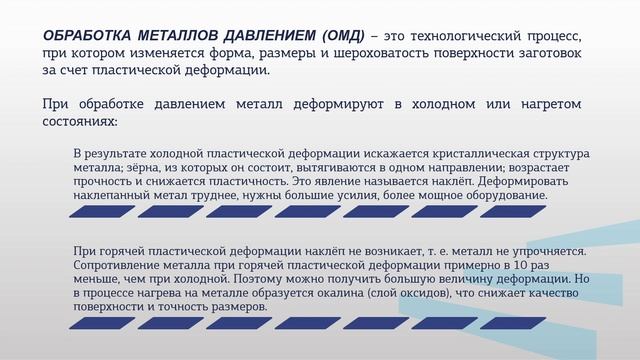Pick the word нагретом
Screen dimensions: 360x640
[548, 103]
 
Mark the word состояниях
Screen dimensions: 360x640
[80, 120]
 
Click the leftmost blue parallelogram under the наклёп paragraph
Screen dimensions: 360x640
[97, 211]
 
